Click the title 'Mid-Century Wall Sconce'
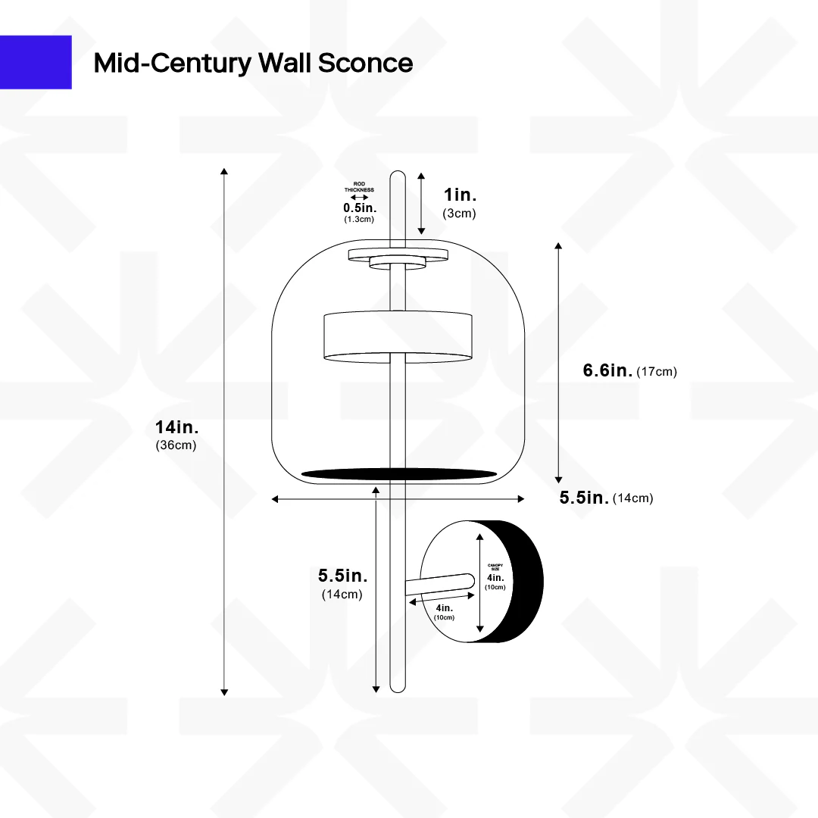coord(253,63)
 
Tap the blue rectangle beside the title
coord(36,62)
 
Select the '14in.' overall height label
coord(176,428)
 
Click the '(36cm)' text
coord(176,445)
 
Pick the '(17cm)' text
coord(657,371)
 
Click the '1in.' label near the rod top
coord(460,195)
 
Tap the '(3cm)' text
coord(459,214)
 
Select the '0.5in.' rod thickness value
coord(360,208)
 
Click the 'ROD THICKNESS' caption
coord(360,187)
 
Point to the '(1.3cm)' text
coord(360,219)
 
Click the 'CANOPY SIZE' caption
coord(495,567)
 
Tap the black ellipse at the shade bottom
coord(399,474)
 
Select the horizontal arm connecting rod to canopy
coord(439,583)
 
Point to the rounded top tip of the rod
coord(398,176)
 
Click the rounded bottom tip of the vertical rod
coord(398,687)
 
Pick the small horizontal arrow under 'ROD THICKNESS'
coord(360,197)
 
